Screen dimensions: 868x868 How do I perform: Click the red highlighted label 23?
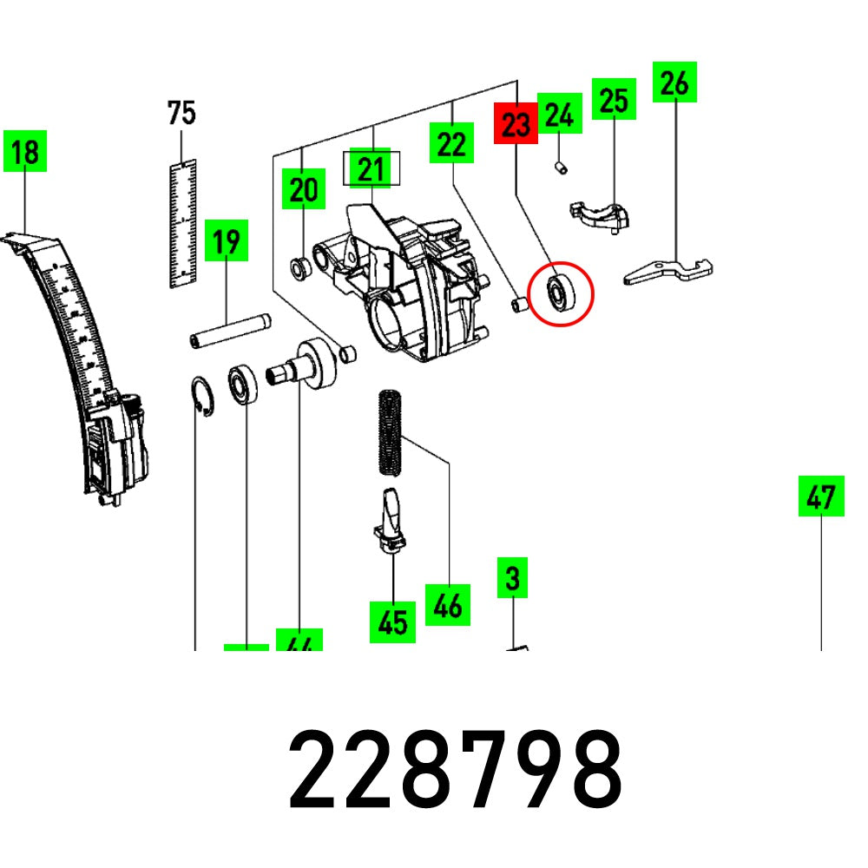click(516, 124)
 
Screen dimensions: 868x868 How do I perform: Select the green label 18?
click(25, 153)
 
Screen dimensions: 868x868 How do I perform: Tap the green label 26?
click(675, 83)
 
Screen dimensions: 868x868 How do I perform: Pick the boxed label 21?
click(372, 169)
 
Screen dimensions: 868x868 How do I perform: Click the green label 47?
click(820, 496)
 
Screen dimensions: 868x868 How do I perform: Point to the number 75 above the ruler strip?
click(181, 113)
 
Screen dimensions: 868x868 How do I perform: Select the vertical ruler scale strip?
click(182, 223)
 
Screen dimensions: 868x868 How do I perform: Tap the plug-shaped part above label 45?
click(390, 518)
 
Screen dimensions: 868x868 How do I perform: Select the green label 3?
click(512, 578)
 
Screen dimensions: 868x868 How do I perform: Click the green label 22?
click(451, 143)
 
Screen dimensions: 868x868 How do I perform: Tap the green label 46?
click(448, 605)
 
